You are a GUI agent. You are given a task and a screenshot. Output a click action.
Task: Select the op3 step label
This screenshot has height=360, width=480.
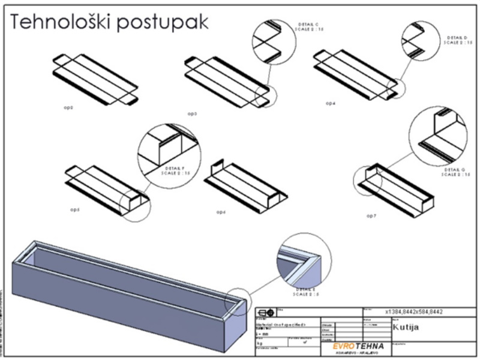pyautogui.click(x=192, y=113)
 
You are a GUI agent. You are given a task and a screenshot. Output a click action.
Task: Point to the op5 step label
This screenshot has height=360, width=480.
pyautogui.click(x=75, y=210)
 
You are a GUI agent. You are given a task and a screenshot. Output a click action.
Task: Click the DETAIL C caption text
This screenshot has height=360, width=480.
pyautogui.click(x=309, y=24)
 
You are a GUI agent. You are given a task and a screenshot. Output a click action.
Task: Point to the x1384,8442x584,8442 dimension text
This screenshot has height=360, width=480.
pyautogui.click(x=420, y=312)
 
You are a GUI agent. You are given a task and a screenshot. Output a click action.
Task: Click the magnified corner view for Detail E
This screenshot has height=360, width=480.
pyautogui.click(x=304, y=261)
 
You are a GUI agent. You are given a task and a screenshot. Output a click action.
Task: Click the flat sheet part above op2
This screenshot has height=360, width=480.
pyautogui.click(x=96, y=78)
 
